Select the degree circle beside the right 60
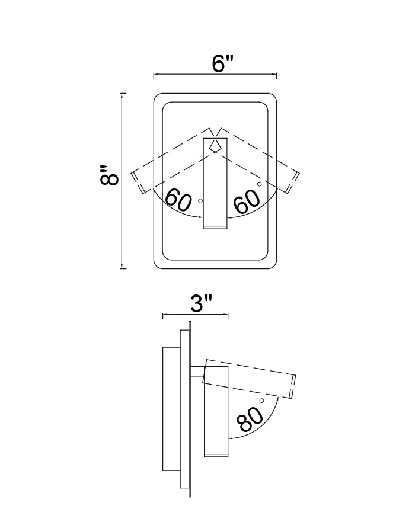click(x=260, y=184)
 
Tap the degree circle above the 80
click(x=262, y=402)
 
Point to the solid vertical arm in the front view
click(x=215, y=184)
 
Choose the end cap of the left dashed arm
click(x=137, y=181)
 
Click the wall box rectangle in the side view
click(x=171, y=410)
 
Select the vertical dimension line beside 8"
click(x=122, y=181)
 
